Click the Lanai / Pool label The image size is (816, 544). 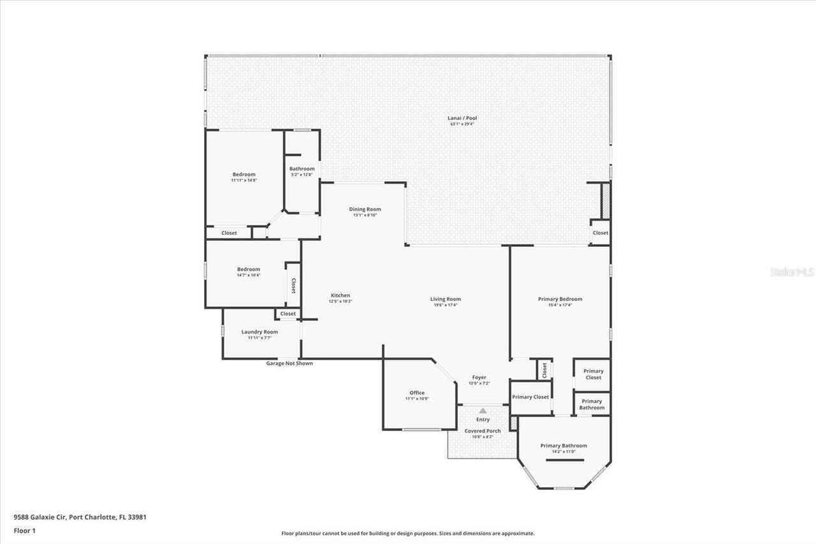(463, 119)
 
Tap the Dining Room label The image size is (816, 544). (365, 210)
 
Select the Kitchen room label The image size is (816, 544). (340, 296)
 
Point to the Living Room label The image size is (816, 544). (445, 300)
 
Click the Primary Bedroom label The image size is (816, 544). (560, 300)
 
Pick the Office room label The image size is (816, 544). (417, 393)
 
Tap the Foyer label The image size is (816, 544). (479, 378)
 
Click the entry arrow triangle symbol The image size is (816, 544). (483, 411)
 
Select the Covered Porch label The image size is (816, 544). (483, 432)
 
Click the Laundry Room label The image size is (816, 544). (259, 332)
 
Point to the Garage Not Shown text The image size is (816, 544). (289, 364)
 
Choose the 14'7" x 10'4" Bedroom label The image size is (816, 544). (249, 270)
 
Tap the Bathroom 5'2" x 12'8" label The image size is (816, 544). (302, 170)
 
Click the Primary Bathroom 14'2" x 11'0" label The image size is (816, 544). (564, 446)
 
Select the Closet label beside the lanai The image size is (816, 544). (601, 233)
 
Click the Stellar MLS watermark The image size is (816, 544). (792, 272)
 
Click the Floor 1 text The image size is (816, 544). (24, 530)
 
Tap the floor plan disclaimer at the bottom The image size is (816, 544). (408, 533)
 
